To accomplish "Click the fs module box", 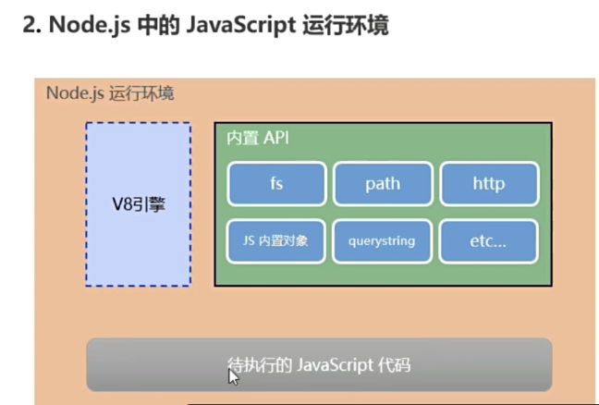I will click(x=276, y=183).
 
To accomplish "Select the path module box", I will click(x=383, y=183).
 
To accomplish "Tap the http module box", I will click(x=488, y=183).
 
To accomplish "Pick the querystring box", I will click(x=383, y=240).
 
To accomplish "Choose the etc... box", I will click(x=488, y=240).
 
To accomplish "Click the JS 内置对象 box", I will click(x=276, y=240).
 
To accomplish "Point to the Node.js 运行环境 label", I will click(x=110, y=93).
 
